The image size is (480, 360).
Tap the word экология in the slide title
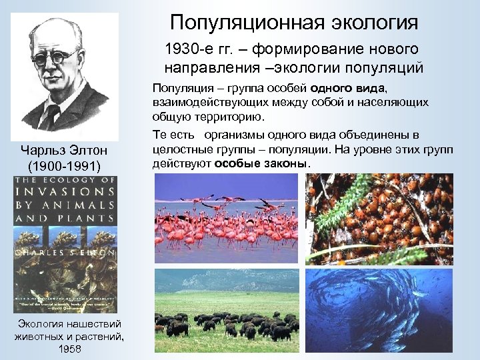click(x=375, y=23)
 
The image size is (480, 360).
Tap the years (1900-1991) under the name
click(x=64, y=165)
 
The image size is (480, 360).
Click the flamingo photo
click(x=227, y=220)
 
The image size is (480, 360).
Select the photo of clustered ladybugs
click(x=379, y=220)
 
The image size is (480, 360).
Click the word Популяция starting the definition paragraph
click(x=183, y=89)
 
